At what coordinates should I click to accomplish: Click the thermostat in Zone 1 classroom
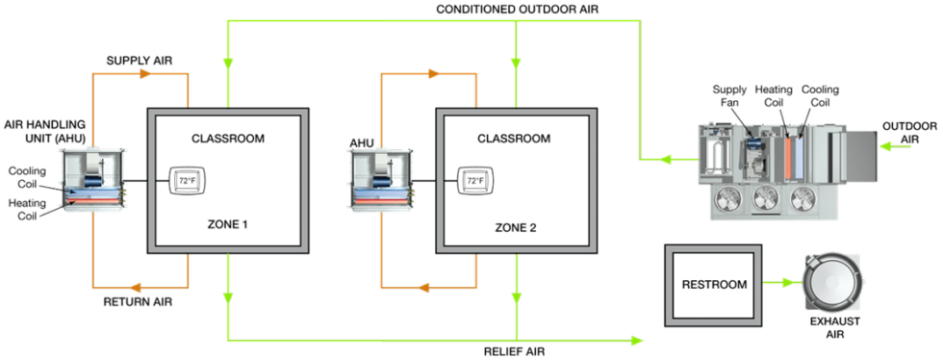[x=186, y=180]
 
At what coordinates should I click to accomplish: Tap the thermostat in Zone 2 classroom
[x=474, y=180]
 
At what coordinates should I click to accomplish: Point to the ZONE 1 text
[x=228, y=224]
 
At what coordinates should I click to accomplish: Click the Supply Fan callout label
[x=729, y=95]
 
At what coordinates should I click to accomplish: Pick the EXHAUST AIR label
[x=833, y=327]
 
